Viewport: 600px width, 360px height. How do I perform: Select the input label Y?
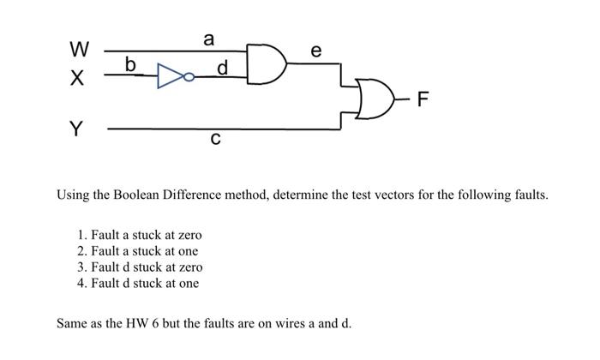tap(76, 129)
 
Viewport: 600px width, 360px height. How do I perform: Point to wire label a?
tap(208, 39)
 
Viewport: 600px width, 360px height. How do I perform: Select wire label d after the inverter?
tap(223, 67)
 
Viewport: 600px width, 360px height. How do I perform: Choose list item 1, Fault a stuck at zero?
tap(139, 235)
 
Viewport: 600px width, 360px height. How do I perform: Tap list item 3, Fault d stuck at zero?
tap(139, 267)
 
